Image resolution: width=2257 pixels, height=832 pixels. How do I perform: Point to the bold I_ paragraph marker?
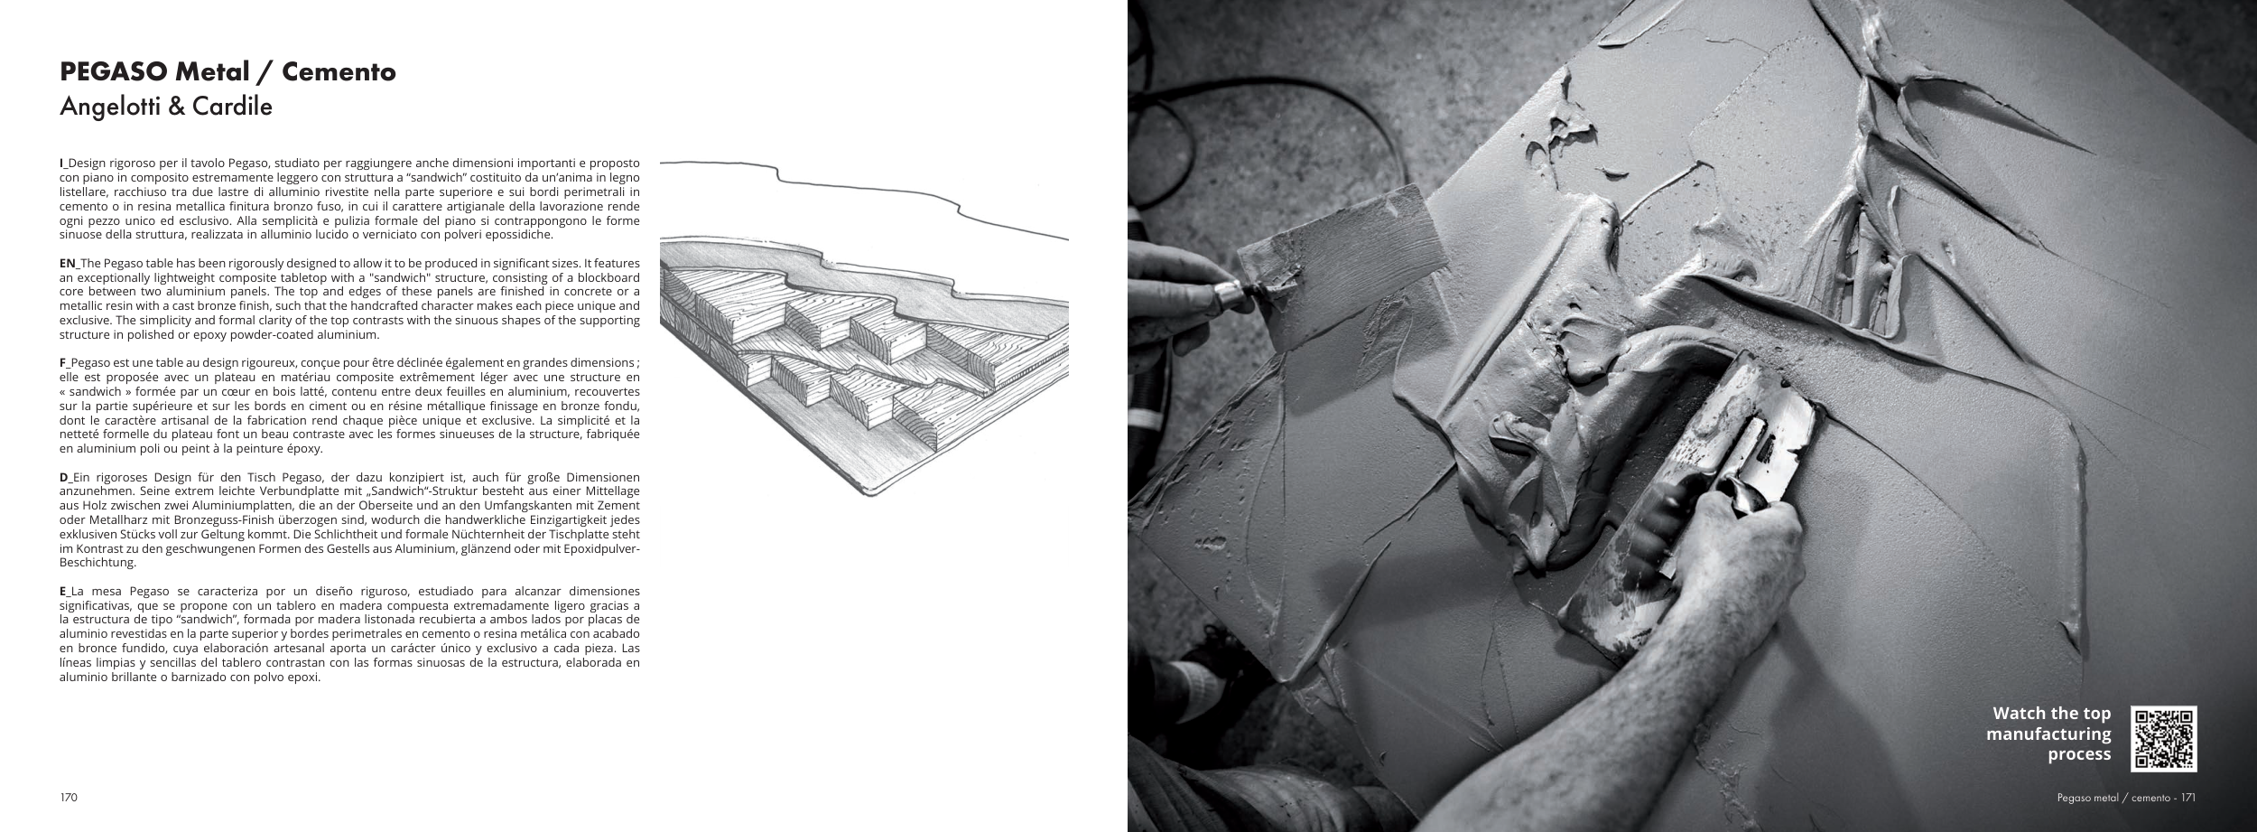(x=63, y=161)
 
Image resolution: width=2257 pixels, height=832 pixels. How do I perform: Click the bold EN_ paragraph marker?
(x=69, y=262)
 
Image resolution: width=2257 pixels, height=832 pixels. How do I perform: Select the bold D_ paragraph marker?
(x=65, y=477)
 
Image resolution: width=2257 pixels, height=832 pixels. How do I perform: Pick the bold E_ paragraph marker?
(x=64, y=592)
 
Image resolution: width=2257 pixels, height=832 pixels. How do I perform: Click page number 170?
(x=69, y=798)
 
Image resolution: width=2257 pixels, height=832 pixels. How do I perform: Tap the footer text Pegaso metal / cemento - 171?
(x=2126, y=798)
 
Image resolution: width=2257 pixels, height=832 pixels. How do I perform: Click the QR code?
(x=2164, y=739)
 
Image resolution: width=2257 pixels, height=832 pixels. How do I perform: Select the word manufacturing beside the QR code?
(x=2048, y=734)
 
